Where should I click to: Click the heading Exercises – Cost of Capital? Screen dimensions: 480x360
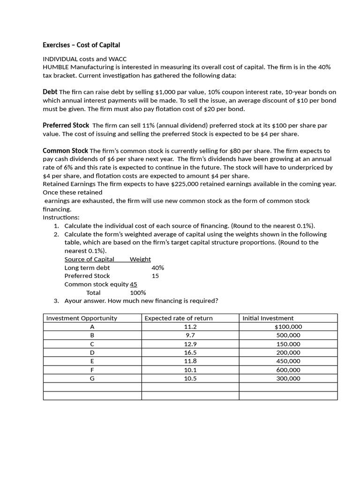tap(81, 45)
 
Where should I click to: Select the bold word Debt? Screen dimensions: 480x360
tap(50, 92)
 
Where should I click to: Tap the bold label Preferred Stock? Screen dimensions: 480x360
tap(66, 125)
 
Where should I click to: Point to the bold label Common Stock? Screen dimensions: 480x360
tap(65, 150)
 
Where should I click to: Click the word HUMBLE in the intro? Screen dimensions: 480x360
tap(55, 67)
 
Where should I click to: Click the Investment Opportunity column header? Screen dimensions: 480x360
tap(82, 318)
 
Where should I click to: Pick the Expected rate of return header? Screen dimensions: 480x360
tap(179, 318)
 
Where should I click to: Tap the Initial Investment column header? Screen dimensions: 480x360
tap(268, 318)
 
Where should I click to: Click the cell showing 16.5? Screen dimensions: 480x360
tap(190, 352)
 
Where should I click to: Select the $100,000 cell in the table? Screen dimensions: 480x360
tap(288, 327)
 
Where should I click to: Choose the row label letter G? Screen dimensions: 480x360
tap(92, 378)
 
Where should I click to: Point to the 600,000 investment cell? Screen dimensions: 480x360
tap(289, 370)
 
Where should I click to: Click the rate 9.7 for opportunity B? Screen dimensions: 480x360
tap(190, 335)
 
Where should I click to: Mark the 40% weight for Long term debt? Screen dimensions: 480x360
tap(158, 268)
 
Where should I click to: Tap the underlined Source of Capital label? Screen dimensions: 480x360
tap(89, 259)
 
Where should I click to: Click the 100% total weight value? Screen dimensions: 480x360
tap(138, 292)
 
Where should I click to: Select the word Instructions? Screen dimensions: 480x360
tap(61, 217)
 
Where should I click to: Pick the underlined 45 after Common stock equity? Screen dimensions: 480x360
tap(134, 284)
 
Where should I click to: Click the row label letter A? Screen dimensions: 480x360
tap(92, 327)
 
